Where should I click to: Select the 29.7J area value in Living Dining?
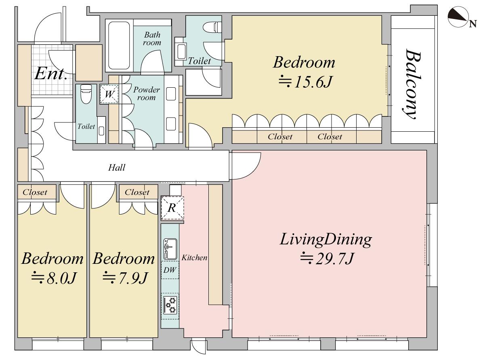coord(327,259)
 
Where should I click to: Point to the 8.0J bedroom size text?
coord(54,278)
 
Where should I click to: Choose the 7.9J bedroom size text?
coord(125,278)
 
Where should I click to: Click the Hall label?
coord(117,168)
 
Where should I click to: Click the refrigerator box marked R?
coord(172,208)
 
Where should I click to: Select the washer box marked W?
coord(109,94)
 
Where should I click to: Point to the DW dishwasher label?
coord(170,270)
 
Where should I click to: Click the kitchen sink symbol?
coord(170,249)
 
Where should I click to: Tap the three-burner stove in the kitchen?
coord(170,305)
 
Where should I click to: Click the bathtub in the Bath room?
coord(119,46)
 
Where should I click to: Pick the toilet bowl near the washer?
coord(86,94)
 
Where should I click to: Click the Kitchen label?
coord(194,258)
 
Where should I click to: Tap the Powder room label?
coord(147,93)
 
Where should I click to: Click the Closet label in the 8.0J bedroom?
coord(35,192)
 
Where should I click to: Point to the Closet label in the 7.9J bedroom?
coord(137,192)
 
